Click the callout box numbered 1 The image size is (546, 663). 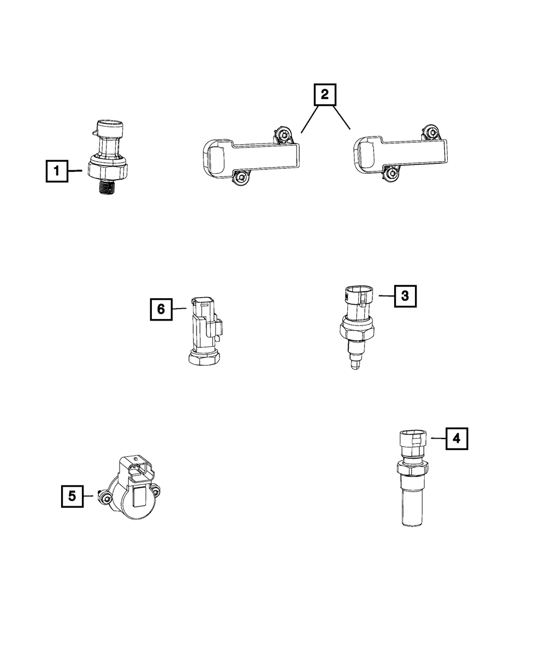(x=57, y=171)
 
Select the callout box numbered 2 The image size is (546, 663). (x=325, y=94)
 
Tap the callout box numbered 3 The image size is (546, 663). (x=405, y=296)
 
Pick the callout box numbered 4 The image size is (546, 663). (x=457, y=439)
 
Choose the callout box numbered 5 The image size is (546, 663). (x=73, y=496)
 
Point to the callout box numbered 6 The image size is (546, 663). (x=161, y=309)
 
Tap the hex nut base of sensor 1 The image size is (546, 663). (x=108, y=169)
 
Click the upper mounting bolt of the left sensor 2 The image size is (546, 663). (x=282, y=135)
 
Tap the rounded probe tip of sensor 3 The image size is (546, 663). (x=355, y=366)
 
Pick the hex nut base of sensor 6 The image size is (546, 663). (x=204, y=358)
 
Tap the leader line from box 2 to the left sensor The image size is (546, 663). (x=310, y=119)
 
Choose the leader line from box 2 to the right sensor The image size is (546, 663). (x=341, y=118)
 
